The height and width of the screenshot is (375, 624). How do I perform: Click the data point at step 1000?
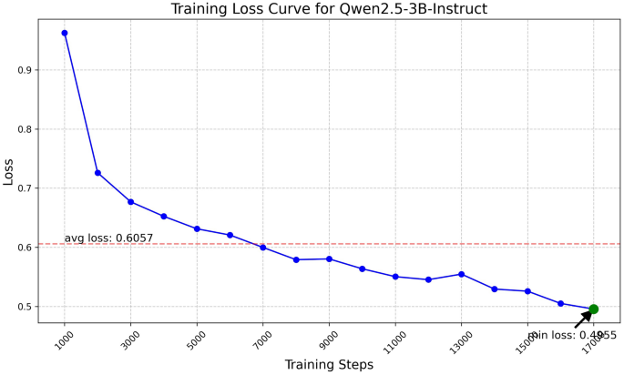point(65,33)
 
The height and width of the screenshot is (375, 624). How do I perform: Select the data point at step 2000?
point(97,173)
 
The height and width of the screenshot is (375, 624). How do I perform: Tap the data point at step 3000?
point(130,201)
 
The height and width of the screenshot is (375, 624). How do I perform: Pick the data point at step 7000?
point(262,248)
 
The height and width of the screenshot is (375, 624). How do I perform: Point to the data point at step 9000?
point(329,258)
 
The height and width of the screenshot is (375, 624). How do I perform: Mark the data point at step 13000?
point(461,274)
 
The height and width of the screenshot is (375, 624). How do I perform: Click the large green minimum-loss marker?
point(593,309)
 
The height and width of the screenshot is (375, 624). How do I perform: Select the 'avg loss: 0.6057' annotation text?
point(108,238)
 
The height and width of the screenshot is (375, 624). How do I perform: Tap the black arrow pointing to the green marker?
point(583,319)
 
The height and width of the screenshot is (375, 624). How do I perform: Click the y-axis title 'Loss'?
point(9,171)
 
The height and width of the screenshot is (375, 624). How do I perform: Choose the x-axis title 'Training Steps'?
point(329,365)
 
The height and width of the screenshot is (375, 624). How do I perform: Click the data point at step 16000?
point(560,303)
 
